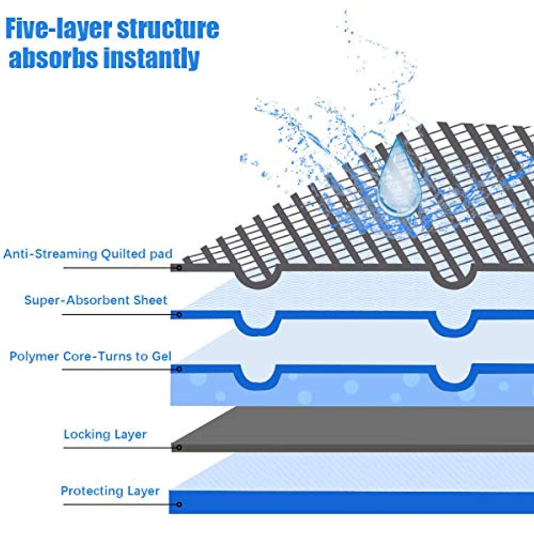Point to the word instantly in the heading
(x=151, y=58)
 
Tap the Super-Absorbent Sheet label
(x=96, y=300)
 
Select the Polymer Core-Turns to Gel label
(x=90, y=357)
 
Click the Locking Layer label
(x=105, y=434)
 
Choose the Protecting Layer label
(x=110, y=491)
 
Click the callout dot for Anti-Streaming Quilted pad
(x=179, y=268)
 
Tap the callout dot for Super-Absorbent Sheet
(x=179, y=314)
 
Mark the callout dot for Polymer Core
(x=179, y=369)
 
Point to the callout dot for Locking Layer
(x=179, y=447)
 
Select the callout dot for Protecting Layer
(x=179, y=505)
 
